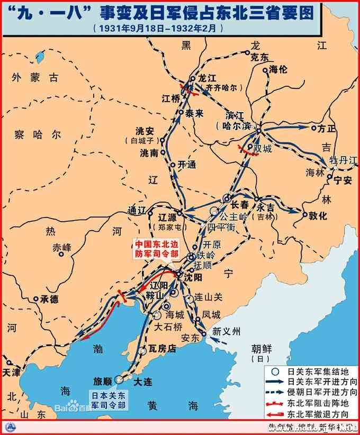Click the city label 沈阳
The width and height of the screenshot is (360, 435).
(193, 276)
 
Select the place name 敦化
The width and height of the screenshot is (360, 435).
(318, 215)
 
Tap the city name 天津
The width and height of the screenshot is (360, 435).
(11, 372)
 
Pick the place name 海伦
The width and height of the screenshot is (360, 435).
(278, 69)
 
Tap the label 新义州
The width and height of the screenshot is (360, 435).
(226, 332)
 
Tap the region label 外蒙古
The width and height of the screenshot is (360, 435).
(37, 78)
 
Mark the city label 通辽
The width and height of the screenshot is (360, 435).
(136, 210)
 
